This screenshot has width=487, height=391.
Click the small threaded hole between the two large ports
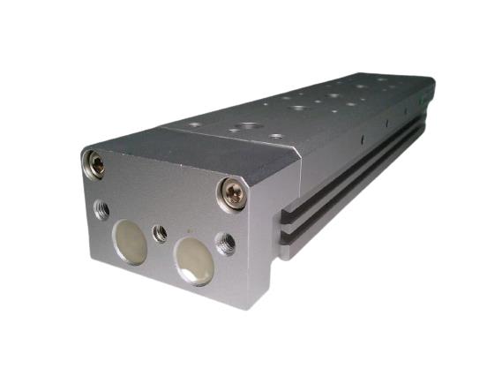point(161,233)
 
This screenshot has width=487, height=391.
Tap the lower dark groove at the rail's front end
point(294,237)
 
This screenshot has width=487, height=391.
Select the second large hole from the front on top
point(296,108)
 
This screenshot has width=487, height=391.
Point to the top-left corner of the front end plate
point(82,147)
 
